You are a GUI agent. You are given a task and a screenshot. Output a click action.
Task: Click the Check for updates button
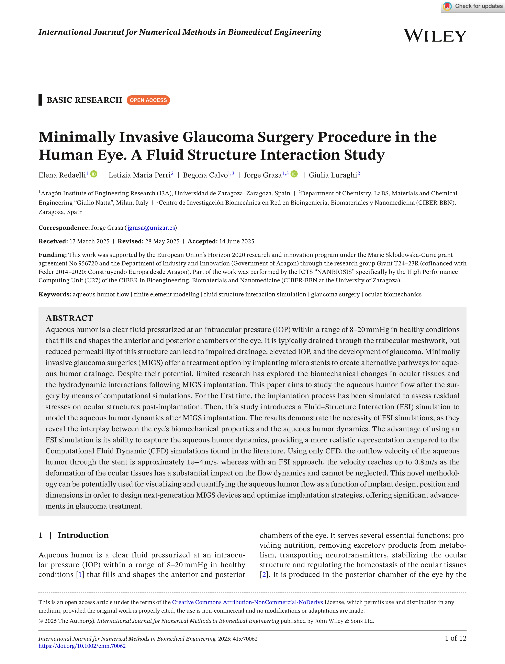point(473,6)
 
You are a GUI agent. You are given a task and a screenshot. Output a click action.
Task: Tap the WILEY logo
point(435,36)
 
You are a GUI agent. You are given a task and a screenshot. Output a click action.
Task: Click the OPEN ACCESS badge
point(148,100)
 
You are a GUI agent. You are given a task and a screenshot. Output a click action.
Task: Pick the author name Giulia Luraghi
point(333,175)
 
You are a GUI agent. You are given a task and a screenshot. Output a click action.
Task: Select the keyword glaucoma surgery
point(335,294)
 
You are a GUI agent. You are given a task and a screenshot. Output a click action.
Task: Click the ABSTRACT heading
point(69,318)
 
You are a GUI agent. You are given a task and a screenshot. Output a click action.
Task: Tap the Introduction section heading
point(83,535)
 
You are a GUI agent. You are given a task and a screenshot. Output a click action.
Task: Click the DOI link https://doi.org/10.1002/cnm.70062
point(82,646)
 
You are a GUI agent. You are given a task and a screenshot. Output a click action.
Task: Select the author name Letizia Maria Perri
point(139,175)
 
